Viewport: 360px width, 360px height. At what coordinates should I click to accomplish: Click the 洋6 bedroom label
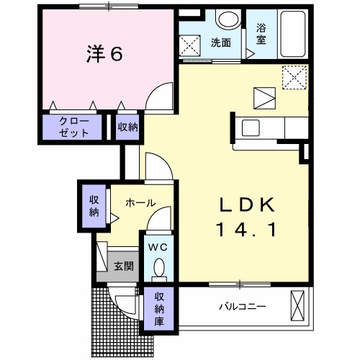[104, 54]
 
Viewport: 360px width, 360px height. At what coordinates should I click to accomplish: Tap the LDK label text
[247, 204]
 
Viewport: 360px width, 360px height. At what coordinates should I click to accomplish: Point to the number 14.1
[247, 229]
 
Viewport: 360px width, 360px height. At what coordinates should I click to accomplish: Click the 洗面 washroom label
[221, 42]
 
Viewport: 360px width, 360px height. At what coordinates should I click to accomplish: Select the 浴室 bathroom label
[261, 34]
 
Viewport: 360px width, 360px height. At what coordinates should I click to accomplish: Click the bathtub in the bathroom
[293, 34]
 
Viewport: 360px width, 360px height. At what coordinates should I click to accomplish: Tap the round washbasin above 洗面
[228, 19]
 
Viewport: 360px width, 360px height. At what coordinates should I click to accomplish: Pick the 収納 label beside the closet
[127, 127]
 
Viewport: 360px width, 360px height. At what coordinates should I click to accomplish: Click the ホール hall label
[140, 203]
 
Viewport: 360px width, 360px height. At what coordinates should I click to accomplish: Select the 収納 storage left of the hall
[94, 206]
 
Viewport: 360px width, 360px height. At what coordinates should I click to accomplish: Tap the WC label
[158, 247]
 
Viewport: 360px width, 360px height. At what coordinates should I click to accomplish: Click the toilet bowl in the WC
[159, 267]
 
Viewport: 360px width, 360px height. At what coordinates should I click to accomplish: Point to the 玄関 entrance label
[124, 266]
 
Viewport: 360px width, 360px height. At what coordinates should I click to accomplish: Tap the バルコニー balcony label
[243, 307]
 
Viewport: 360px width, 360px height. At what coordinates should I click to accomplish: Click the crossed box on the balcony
[297, 306]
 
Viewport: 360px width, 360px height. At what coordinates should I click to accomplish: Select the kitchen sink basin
[251, 128]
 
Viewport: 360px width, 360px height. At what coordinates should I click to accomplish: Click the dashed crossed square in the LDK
[294, 77]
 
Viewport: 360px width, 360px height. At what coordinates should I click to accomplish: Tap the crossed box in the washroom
[189, 46]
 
